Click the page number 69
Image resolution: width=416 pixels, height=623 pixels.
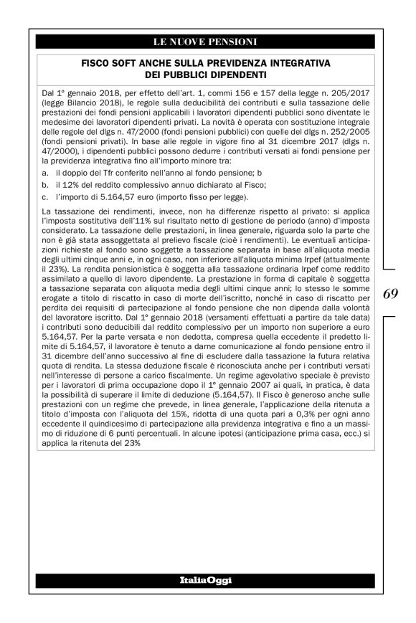point(390,293)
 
